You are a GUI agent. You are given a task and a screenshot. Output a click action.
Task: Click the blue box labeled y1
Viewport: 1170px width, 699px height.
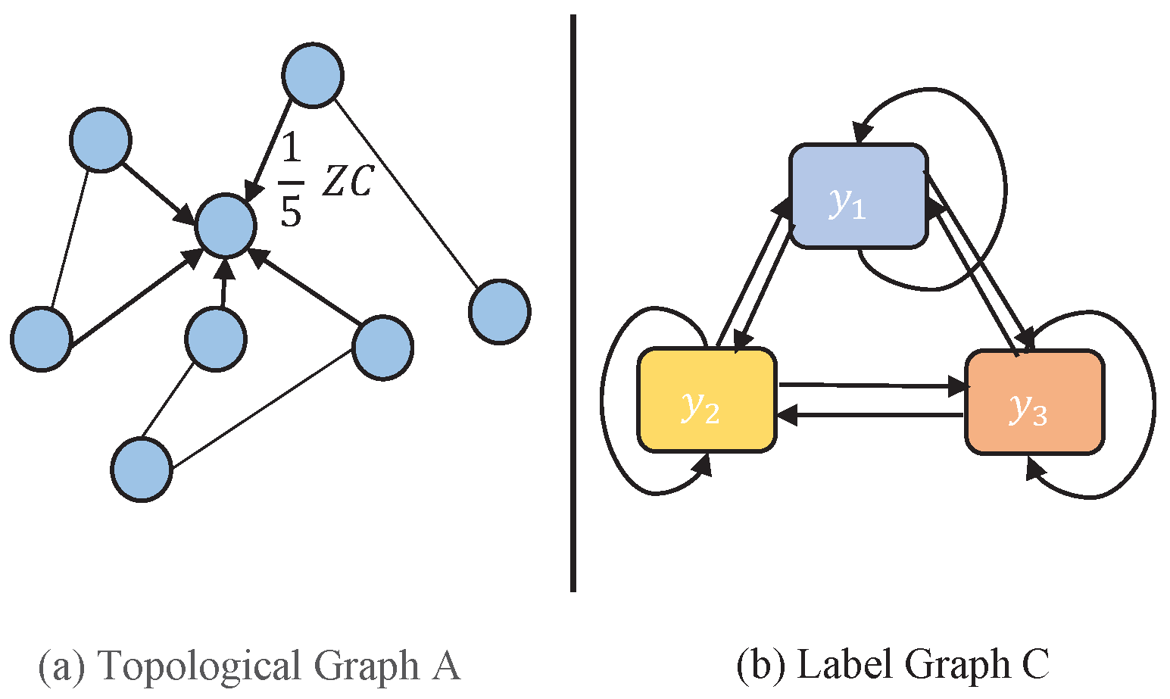click(x=858, y=196)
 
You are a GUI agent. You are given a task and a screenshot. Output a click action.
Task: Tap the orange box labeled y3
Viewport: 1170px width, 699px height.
click(x=1034, y=402)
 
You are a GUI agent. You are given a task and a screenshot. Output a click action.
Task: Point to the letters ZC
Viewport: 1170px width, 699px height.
click(x=348, y=182)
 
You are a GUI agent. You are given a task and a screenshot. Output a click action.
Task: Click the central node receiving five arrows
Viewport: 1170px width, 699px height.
click(x=225, y=226)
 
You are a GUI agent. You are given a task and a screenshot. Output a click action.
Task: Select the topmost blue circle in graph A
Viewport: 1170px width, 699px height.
click(x=313, y=75)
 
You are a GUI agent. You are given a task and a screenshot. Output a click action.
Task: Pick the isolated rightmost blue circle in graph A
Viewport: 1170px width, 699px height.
click(x=499, y=311)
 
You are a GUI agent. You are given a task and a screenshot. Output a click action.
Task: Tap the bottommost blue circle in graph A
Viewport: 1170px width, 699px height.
click(x=142, y=470)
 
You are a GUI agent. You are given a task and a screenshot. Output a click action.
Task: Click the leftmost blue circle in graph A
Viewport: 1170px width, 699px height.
click(x=42, y=339)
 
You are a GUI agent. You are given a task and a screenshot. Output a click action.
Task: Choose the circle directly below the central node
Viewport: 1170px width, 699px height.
click(x=216, y=339)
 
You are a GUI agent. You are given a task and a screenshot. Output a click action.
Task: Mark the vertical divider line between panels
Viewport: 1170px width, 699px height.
click(x=573, y=303)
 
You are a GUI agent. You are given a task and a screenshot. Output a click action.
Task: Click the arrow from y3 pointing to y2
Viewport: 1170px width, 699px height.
click(x=871, y=415)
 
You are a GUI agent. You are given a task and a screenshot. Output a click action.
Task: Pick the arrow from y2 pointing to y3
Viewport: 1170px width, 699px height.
click(x=871, y=386)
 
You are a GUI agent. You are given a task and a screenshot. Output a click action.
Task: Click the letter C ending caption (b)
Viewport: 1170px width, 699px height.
click(x=1034, y=666)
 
